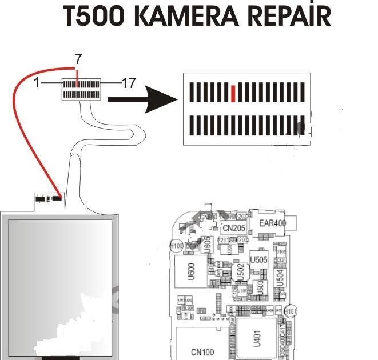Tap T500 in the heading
pyautogui.click(x=94, y=17)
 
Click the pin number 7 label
pyautogui.click(x=78, y=58)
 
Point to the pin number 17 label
pyautogui.click(x=129, y=83)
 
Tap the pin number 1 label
pyautogui.click(x=37, y=83)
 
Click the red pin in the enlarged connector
pyautogui.click(x=233, y=91)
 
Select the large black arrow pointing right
pyautogui.click(x=142, y=99)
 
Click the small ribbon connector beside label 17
pyautogui.click(x=81, y=89)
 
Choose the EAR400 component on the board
pyautogui.click(x=272, y=223)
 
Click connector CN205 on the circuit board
pyautogui.click(x=234, y=228)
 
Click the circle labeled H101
pyautogui.click(x=292, y=310)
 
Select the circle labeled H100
pyautogui.click(x=177, y=246)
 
